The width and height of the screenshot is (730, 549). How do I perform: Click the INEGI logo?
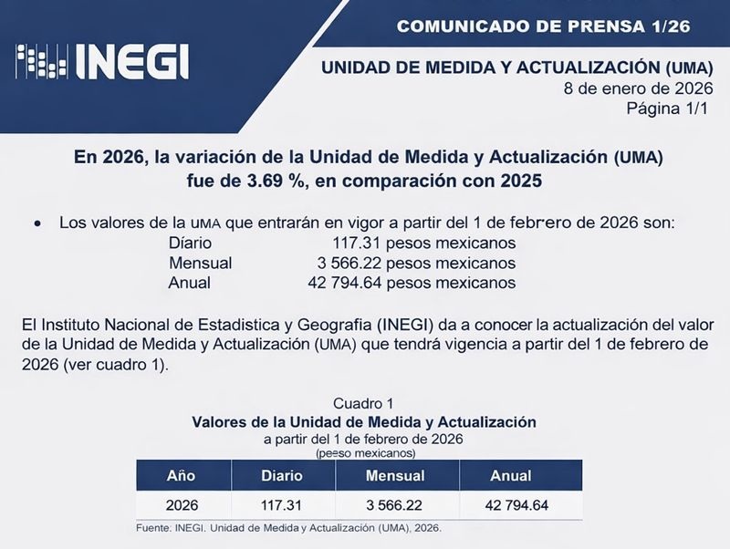tap(102, 62)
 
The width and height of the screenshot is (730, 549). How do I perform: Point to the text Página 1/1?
tap(667, 109)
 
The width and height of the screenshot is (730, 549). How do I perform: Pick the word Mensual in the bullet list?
tap(201, 263)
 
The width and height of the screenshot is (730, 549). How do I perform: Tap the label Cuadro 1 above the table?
tap(363, 403)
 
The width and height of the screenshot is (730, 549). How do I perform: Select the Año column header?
tap(181, 476)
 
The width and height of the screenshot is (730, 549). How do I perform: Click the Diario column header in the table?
tap(282, 476)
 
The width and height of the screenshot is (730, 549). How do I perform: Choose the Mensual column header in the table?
tap(395, 476)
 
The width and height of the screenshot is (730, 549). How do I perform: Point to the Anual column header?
tap(510, 476)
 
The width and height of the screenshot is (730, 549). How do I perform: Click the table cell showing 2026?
tap(181, 504)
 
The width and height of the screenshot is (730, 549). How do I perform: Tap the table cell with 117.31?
tap(282, 504)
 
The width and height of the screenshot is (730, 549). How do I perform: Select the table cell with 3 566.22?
tap(395, 504)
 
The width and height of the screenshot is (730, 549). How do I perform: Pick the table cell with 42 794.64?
tap(510, 504)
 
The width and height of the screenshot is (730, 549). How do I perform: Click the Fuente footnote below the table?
tap(288, 528)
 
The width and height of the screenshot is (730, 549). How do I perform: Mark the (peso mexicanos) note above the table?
tap(365, 452)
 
